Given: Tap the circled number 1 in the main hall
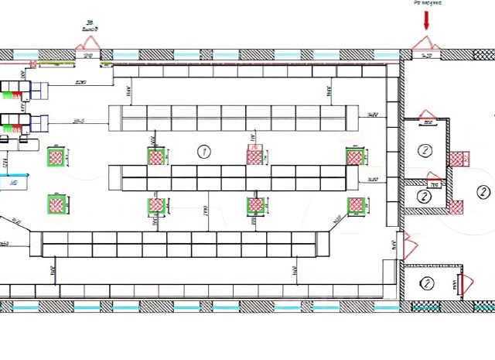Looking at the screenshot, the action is pyautogui.click(x=204, y=151).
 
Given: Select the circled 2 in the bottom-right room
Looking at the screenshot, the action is pyautogui.click(x=425, y=283).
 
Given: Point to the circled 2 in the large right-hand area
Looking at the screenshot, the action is pyautogui.click(x=483, y=192).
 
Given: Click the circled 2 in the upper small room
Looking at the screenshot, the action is pyautogui.click(x=424, y=150).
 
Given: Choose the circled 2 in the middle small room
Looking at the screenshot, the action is pyautogui.click(x=424, y=197).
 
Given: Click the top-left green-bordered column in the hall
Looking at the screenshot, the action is pyautogui.click(x=56, y=156).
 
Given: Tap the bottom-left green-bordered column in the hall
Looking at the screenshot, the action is pyautogui.click(x=56, y=204).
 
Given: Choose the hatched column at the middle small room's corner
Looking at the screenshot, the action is pyautogui.click(x=456, y=207).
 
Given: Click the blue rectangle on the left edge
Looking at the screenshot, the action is pyautogui.click(x=11, y=183).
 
